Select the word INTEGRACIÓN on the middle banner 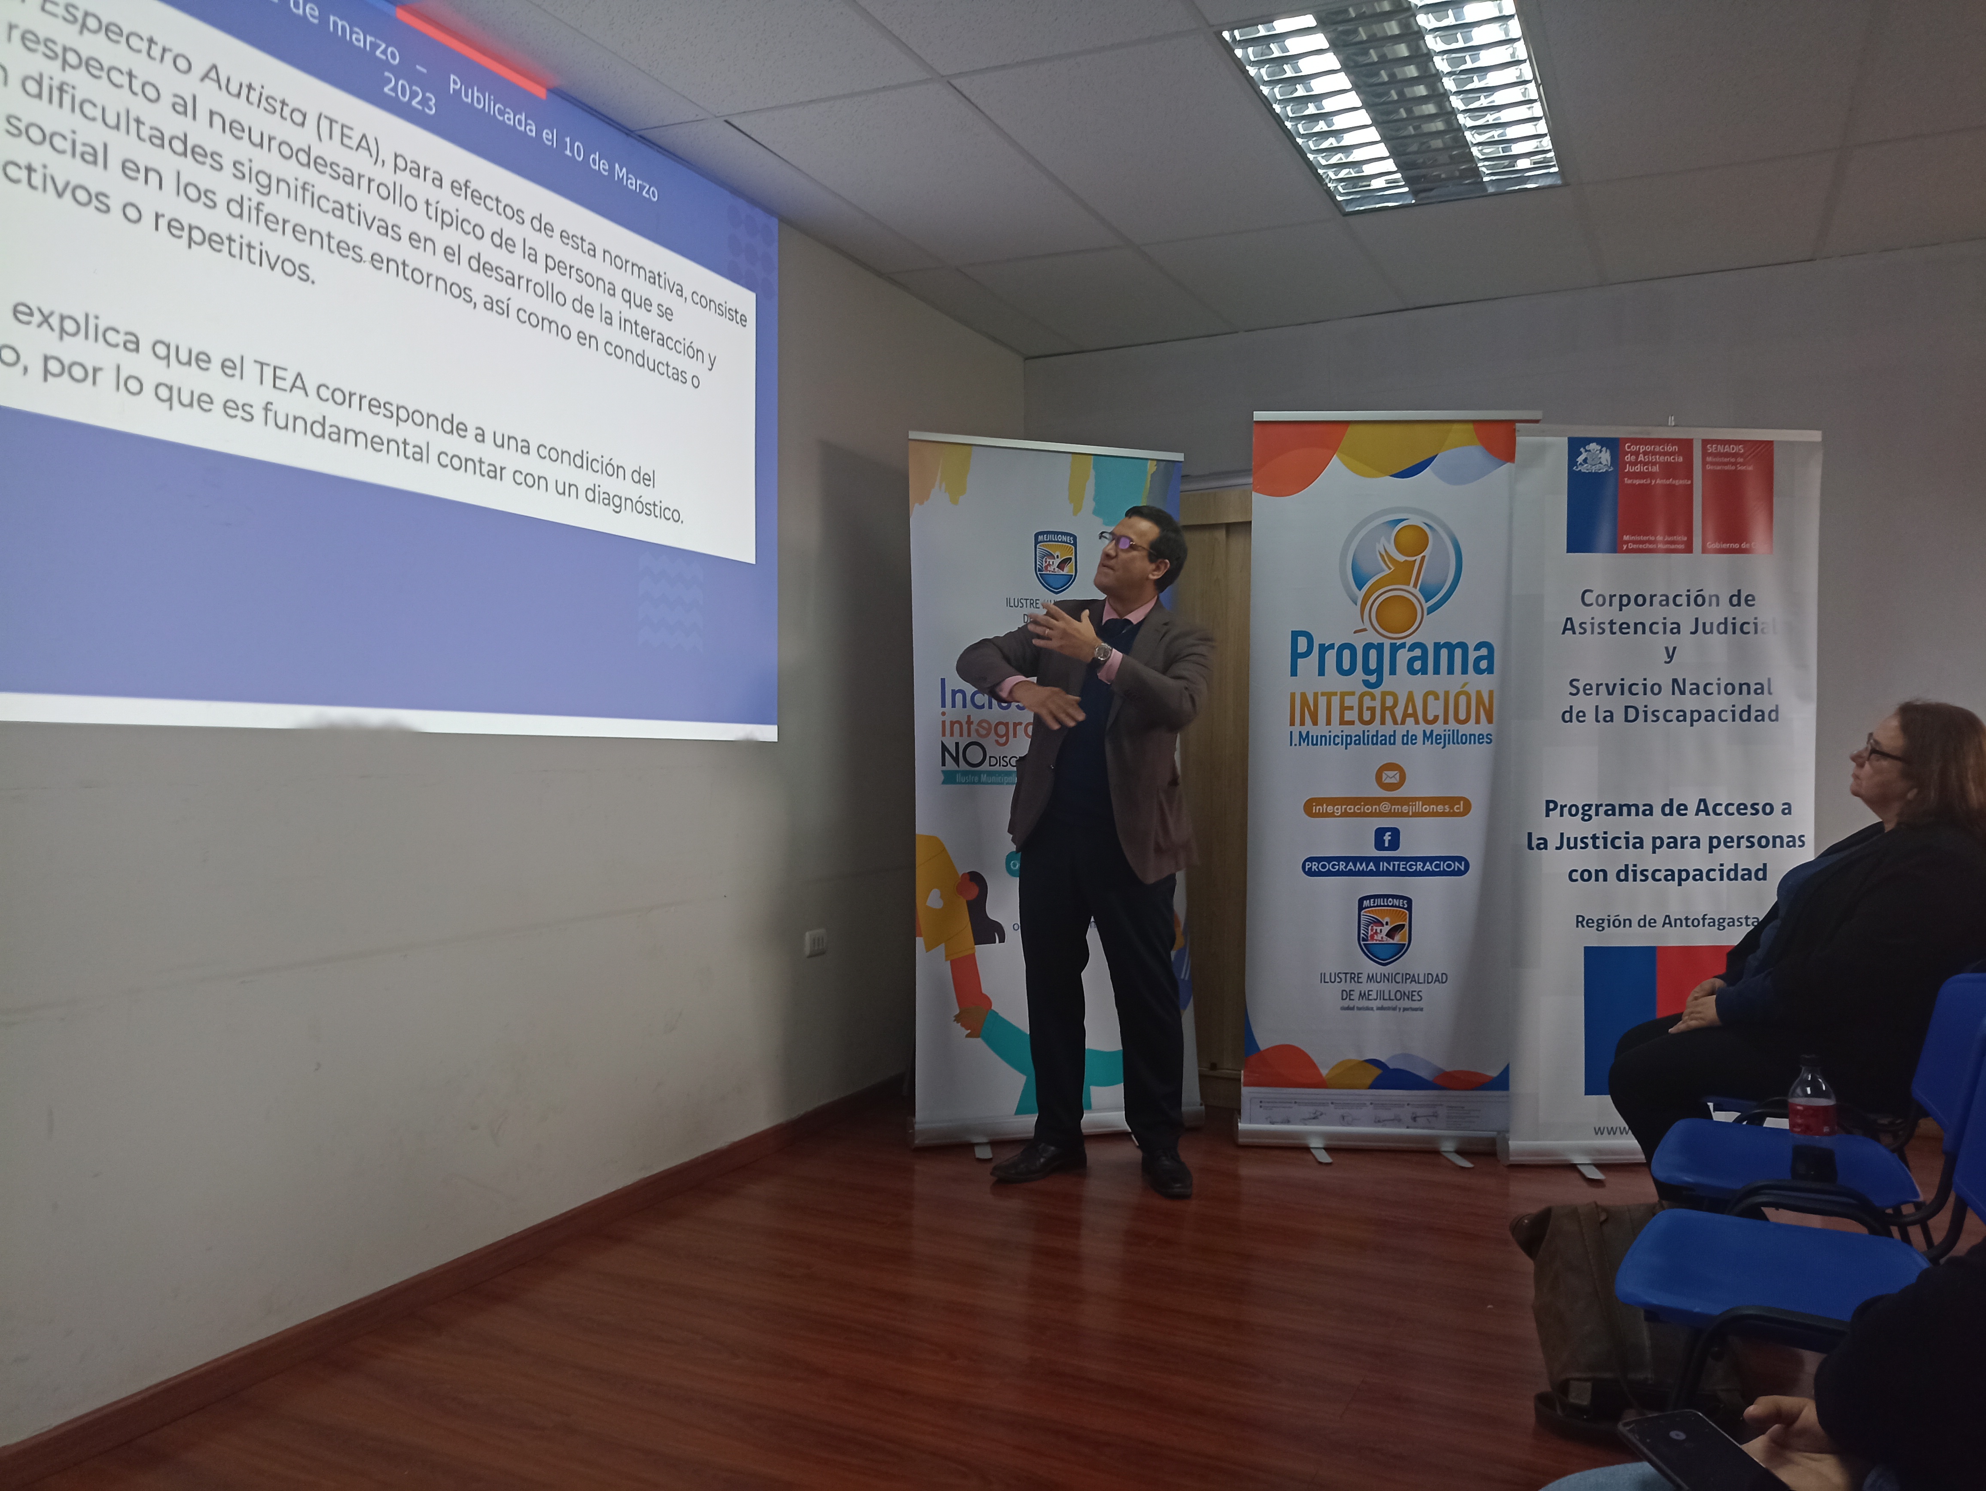1391,707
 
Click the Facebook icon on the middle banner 1386,838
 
